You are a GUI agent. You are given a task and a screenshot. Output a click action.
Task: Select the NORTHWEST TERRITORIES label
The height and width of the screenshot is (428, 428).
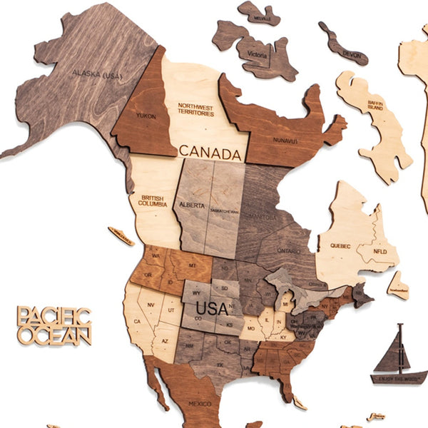(195, 109)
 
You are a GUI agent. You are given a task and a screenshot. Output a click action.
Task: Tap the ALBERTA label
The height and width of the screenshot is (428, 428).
(193, 204)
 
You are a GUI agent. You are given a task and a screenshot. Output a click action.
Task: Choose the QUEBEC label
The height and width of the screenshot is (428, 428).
(340, 246)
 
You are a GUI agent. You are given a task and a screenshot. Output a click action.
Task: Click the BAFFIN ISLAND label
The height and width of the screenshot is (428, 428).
(375, 105)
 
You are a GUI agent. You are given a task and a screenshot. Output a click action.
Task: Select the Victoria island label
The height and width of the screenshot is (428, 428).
(257, 53)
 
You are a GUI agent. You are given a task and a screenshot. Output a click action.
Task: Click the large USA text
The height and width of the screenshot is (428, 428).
(212, 310)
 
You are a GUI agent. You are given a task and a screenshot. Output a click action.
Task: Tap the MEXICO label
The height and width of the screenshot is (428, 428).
(200, 403)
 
